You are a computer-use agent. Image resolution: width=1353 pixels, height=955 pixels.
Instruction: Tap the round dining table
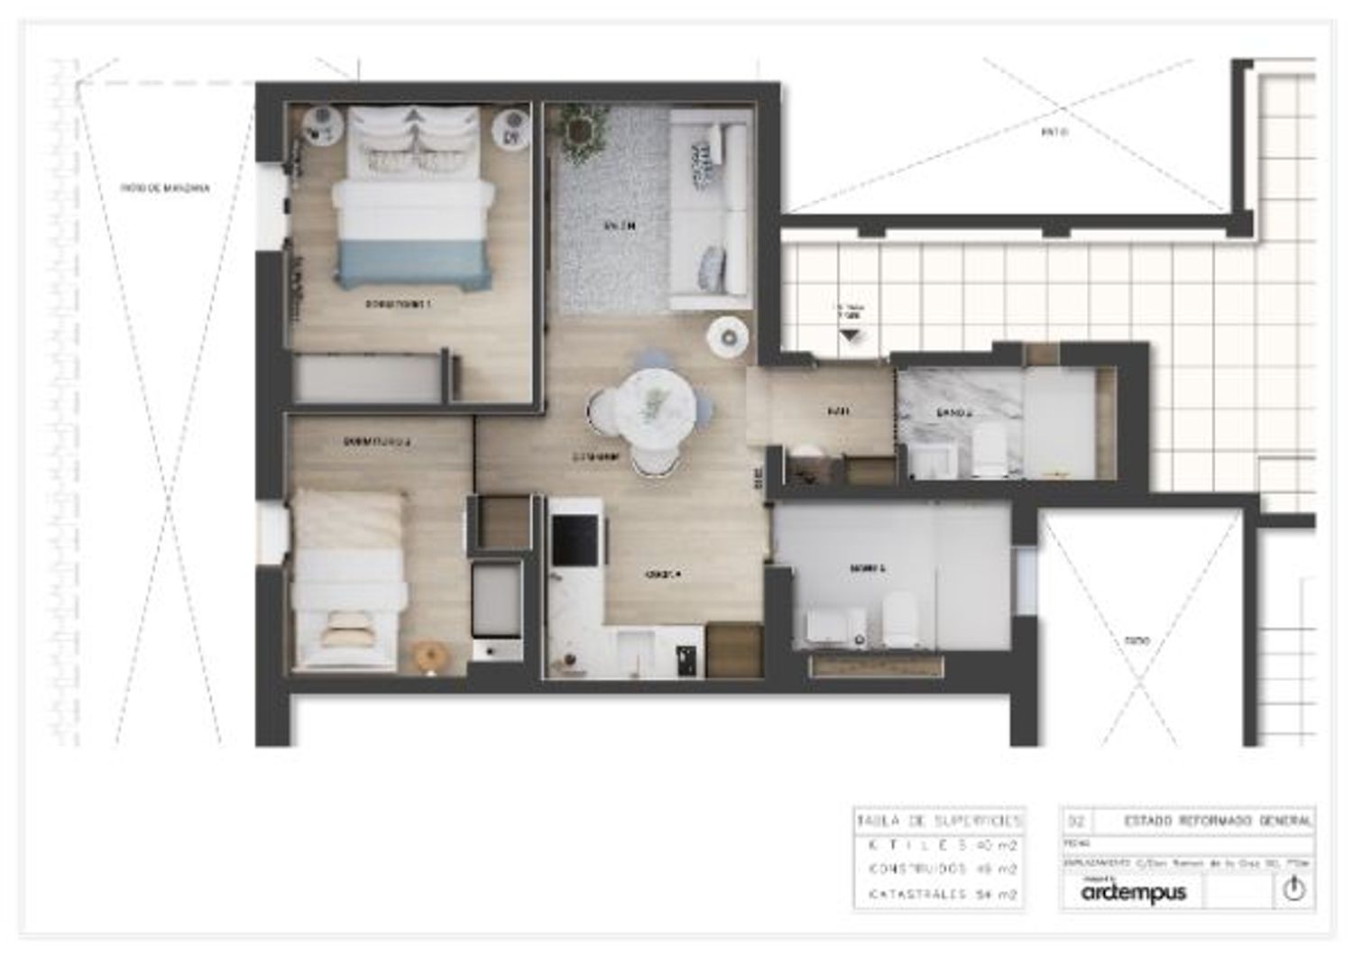[x=649, y=406]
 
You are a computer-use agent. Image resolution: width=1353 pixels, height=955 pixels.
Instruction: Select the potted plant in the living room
[x=577, y=127]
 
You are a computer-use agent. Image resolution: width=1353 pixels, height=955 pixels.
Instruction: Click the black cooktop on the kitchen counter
[x=573, y=539]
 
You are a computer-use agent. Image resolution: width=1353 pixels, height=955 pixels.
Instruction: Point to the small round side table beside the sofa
[x=727, y=337]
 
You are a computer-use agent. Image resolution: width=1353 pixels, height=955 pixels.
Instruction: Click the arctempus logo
[x=1134, y=893]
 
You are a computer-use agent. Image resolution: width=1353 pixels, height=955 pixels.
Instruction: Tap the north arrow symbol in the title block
[x=1293, y=890]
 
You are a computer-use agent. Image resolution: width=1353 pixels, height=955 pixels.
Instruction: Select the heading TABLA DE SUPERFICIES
[x=939, y=822]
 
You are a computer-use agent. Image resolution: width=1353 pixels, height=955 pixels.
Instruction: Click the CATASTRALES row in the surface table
[x=939, y=895]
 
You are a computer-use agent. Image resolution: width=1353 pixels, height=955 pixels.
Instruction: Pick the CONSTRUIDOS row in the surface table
[x=939, y=870]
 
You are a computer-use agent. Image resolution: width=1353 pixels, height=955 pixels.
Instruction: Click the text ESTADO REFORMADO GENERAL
[x=1218, y=822]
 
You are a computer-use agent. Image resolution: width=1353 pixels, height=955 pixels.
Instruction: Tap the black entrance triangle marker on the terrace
[x=849, y=335]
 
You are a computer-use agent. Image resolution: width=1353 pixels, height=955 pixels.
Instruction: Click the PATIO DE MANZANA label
[x=166, y=188]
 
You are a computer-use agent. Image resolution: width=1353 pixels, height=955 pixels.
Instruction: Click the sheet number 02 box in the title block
[x=1075, y=822]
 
